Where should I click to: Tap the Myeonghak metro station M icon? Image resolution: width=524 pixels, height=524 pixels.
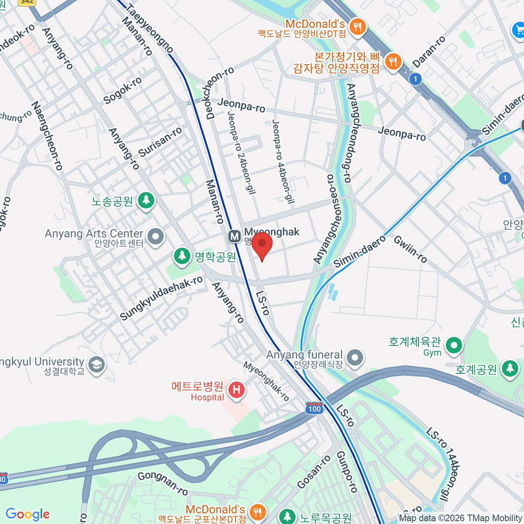[234, 237]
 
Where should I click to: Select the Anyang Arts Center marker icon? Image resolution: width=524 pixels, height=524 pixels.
[155, 237]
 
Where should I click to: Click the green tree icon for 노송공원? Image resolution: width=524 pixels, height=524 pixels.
[146, 200]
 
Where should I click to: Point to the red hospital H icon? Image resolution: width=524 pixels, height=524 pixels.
[237, 389]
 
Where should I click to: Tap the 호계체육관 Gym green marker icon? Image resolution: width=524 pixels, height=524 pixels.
[454, 345]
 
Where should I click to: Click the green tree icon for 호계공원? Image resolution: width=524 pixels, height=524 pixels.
[510, 368]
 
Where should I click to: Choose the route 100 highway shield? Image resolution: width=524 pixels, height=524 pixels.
[314, 408]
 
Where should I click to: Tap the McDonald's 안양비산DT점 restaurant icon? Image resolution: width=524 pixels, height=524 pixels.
[358, 26]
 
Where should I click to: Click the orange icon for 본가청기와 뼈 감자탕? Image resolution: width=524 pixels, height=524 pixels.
[393, 62]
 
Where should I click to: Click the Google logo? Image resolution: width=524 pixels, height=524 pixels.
[28, 514]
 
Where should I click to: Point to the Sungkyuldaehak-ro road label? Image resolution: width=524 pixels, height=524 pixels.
[161, 298]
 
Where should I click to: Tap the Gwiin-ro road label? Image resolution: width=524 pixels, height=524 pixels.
[410, 249]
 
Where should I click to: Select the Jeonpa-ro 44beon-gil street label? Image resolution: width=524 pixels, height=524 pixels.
[283, 162]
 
